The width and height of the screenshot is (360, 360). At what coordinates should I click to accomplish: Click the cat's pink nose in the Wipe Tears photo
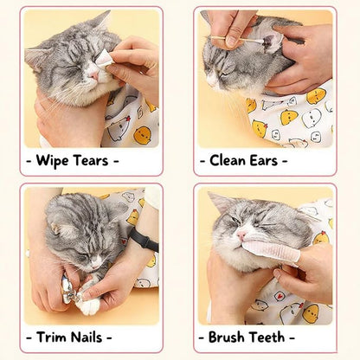click(92, 75)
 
